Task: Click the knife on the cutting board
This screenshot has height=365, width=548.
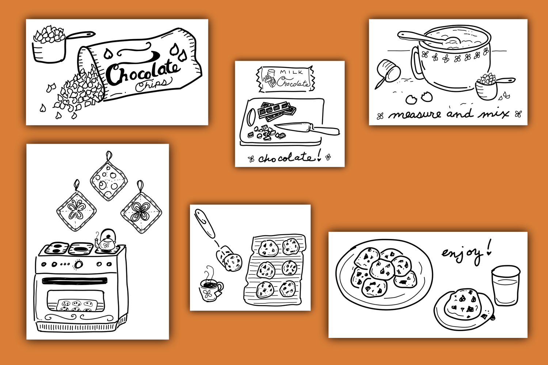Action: click(x=307, y=128)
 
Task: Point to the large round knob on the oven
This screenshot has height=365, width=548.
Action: click(x=79, y=264)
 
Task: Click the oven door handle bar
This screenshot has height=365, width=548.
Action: click(x=75, y=281)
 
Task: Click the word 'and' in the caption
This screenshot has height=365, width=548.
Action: click(x=460, y=113)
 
